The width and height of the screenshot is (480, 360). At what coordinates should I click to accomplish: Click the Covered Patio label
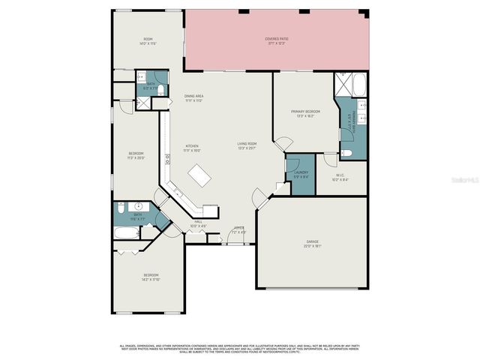[x=277, y=40]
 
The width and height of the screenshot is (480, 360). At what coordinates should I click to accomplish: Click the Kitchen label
[x=193, y=148]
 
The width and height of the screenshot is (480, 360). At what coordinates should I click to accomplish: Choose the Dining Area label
[x=194, y=98]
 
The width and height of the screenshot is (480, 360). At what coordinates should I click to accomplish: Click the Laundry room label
[x=301, y=174]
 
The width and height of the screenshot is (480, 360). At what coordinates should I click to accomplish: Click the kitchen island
[x=199, y=177]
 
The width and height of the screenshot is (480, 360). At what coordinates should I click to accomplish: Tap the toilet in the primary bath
[x=346, y=154]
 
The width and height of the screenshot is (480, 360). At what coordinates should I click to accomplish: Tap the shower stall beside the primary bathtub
[x=341, y=85]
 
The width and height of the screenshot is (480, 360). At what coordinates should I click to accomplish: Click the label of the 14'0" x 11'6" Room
[x=148, y=41]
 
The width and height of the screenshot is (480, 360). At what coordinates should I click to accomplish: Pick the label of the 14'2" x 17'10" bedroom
[x=151, y=278]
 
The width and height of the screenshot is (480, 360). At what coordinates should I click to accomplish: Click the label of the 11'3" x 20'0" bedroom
[x=135, y=156]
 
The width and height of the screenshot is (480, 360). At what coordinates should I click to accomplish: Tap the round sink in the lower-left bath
[x=139, y=207]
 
